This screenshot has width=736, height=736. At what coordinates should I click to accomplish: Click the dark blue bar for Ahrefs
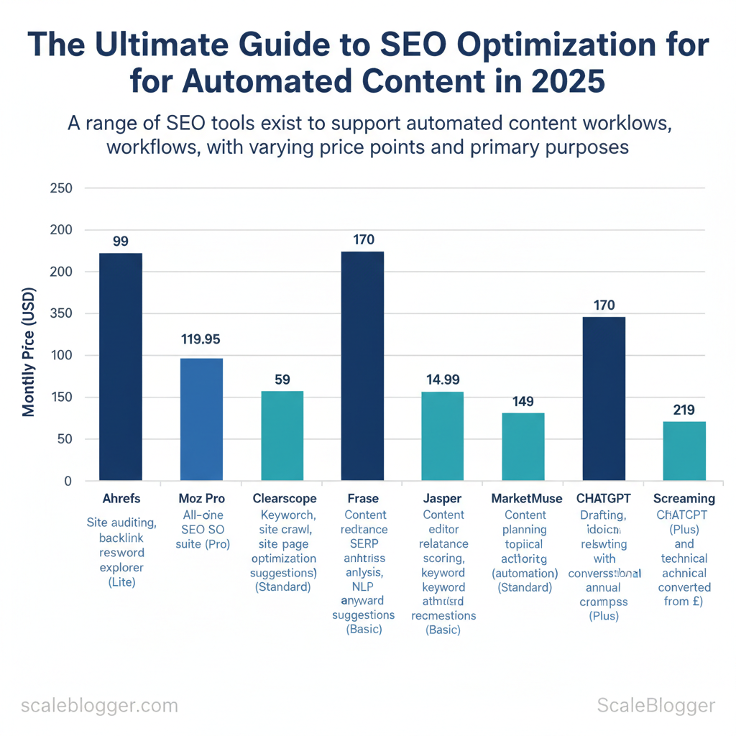(121, 367)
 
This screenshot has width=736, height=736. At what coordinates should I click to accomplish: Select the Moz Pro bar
(201, 419)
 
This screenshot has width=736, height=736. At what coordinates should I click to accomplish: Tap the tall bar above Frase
(362, 366)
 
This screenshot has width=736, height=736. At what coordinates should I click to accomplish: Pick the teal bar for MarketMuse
(523, 446)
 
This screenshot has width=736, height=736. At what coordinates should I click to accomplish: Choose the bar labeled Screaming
(684, 451)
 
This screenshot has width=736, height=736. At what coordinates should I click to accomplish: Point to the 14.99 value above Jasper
(443, 379)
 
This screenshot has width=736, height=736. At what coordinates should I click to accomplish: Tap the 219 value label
(684, 410)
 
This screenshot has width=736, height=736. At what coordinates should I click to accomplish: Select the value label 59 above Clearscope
(282, 379)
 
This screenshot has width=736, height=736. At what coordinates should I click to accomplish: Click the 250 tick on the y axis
(62, 188)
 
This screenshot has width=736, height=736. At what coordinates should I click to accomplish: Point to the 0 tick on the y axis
(68, 481)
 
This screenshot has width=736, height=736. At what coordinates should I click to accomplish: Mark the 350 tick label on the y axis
(62, 313)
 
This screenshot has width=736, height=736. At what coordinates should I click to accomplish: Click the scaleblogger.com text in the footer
(99, 705)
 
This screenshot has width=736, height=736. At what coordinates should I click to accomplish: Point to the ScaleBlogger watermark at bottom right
(655, 705)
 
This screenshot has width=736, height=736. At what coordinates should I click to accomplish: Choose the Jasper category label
(443, 498)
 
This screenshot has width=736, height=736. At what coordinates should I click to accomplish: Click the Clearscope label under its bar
(282, 498)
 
